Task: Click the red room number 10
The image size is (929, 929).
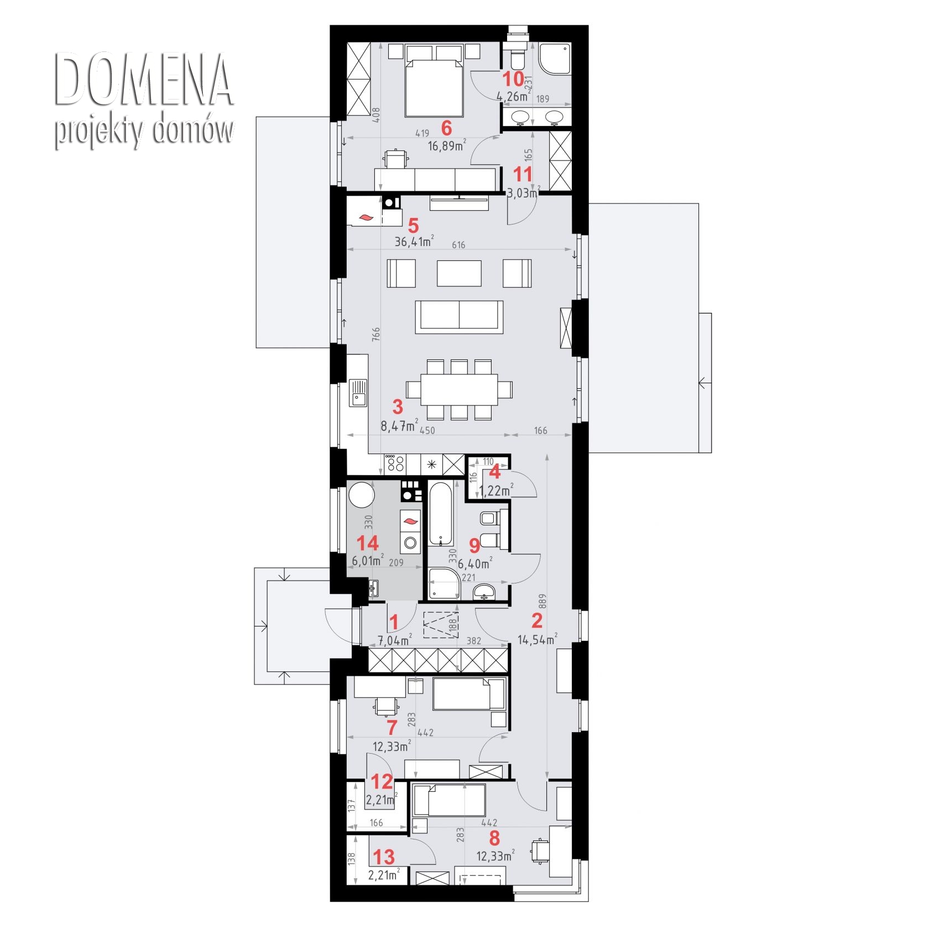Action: pos(513,79)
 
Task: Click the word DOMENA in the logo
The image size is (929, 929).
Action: pos(144,80)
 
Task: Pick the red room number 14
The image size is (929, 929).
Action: pos(368,543)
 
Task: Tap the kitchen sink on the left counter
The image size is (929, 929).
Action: pos(358,393)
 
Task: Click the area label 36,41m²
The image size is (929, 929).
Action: pos(414,242)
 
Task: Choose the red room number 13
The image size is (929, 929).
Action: pos(384,857)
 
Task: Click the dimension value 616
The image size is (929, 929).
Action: pos(458,245)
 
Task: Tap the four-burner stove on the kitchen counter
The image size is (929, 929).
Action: pos(395,463)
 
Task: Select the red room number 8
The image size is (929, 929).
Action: pos(494,838)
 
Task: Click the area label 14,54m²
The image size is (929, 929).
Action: pos(537,640)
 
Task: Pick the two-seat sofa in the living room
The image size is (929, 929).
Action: pos(459,317)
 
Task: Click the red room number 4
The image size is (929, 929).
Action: pos(495,472)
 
